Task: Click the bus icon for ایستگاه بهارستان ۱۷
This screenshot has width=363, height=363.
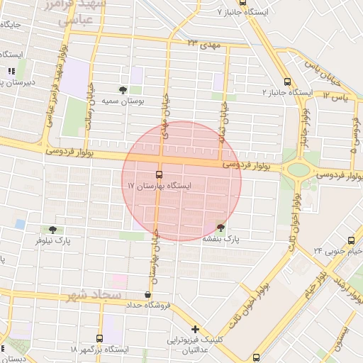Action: coord(159,174)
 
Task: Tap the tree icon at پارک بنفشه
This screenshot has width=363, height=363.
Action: coord(221,228)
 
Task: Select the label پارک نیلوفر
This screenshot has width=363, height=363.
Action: coord(55,241)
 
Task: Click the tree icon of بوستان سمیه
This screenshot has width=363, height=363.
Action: coord(124,90)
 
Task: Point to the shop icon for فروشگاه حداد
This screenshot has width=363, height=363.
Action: coord(147,295)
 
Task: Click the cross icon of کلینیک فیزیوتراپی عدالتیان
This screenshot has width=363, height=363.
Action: coord(195,330)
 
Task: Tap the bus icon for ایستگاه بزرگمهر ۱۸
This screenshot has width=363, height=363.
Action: coord(99,338)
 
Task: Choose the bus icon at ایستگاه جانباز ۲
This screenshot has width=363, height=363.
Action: coord(287,82)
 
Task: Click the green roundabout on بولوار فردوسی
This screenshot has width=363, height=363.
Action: coord(298,169)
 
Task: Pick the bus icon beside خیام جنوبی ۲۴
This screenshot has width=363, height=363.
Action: coord(351,240)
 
